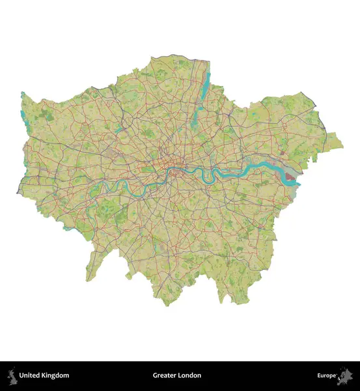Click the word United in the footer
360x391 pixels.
(x=31, y=375)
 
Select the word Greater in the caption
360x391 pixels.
(x=164, y=375)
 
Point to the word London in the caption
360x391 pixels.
(x=190, y=375)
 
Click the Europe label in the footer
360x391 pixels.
(x=327, y=375)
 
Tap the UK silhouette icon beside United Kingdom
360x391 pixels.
(x=11, y=375)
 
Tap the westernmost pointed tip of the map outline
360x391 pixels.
(x=18, y=193)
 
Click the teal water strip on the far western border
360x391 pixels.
(x=23, y=107)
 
